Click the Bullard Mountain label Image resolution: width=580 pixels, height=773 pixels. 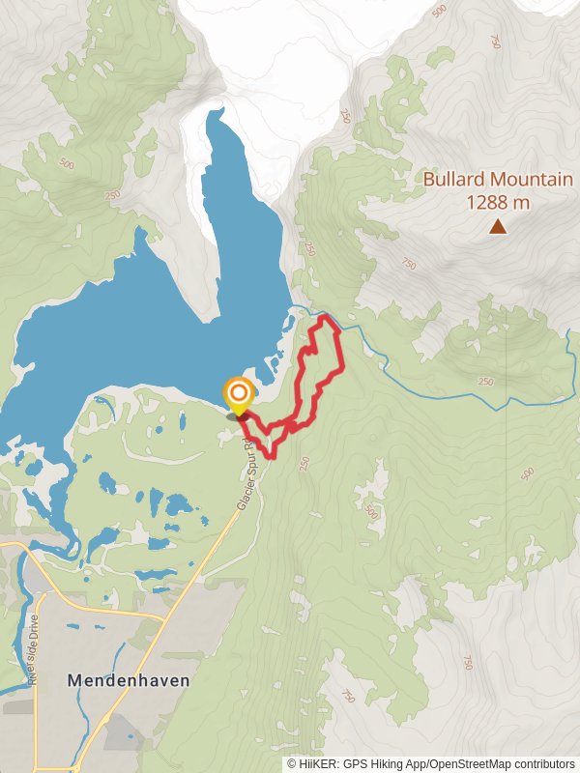[498, 180]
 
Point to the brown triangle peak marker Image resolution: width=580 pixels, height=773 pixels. [498, 227]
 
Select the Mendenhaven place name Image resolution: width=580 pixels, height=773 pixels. [129, 680]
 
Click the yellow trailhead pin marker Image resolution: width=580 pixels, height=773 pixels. [238, 396]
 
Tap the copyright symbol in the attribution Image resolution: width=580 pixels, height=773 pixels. [293, 763]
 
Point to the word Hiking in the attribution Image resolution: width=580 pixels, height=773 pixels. [408, 763]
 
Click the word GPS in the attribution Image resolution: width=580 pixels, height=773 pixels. [375, 763]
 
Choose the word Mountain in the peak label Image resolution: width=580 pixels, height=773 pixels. [531, 180]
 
